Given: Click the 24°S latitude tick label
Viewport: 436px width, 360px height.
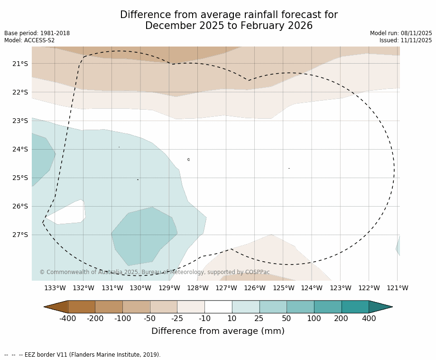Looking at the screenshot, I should tap(20, 149).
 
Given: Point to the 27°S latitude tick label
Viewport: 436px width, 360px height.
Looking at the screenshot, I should tap(20, 235).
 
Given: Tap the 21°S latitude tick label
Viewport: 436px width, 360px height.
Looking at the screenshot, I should tap(20, 64).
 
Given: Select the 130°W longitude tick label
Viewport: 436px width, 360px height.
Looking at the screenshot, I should tap(140, 288).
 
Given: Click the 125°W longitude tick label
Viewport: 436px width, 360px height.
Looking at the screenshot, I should tap(283, 288).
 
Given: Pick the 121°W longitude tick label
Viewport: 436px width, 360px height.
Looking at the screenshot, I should tap(398, 288).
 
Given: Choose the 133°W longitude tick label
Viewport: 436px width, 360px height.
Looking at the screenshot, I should tap(55, 288).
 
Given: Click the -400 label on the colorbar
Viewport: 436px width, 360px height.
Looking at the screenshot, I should tap(68, 319).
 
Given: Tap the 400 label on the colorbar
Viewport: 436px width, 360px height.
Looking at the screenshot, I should tap(369, 319).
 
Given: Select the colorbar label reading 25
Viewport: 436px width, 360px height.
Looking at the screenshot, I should tap(259, 319).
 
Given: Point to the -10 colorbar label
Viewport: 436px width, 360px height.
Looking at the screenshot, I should tap(204, 319).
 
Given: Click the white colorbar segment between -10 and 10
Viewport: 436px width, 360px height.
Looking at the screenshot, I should tap(218, 307).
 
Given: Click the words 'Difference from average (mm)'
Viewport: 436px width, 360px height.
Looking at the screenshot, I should tap(218, 331).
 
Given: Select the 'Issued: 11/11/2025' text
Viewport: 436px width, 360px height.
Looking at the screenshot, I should tap(406, 40).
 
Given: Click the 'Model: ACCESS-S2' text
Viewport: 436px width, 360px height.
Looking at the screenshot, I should tap(29, 40).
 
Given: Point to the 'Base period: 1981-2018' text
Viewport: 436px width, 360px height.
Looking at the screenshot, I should tap(37, 33).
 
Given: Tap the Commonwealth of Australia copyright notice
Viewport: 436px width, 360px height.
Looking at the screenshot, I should tap(155, 272).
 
